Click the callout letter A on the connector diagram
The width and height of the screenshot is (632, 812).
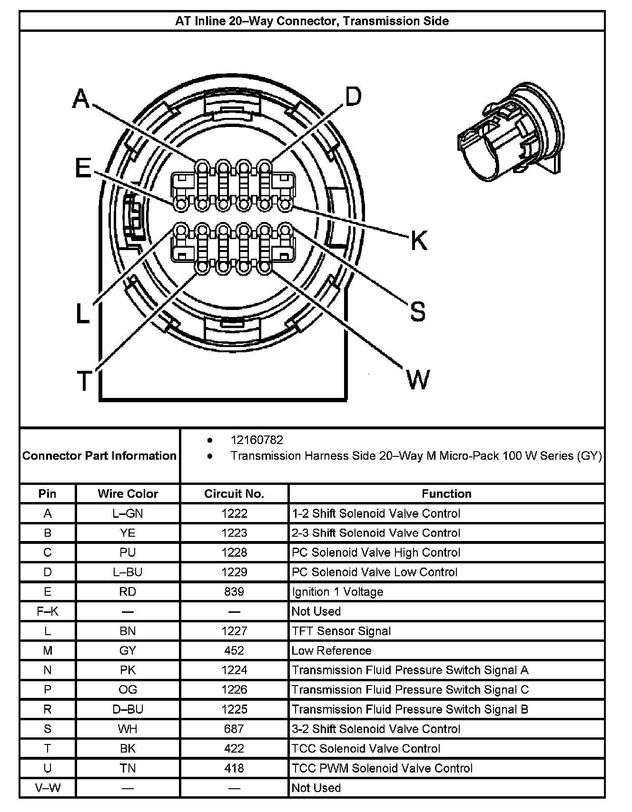pyautogui.click(x=81, y=99)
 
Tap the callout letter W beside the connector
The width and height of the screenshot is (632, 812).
pyautogui.click(x=418, y=379)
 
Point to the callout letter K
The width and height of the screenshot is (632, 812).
pyautogui.click(x=419, y=240)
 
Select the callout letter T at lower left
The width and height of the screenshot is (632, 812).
pyautogui.click(x=84, y=380)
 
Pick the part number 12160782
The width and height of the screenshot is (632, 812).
pyautogui.click(x=257, y=440)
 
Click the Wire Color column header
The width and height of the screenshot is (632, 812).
pyautogui.click(x=128, y=493)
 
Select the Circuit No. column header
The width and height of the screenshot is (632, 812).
pyautogui.click(x=234, y=493)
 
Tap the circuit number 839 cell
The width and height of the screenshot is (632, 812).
pyautogui.click(x=234, y=591)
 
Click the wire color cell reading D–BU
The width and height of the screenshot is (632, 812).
pyautogui.click(x=128, y=709)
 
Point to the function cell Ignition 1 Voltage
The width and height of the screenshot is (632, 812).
pyautogui.click(x=337, y=591)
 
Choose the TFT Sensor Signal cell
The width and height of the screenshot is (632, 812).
pyautogui.click(x=341, y=631)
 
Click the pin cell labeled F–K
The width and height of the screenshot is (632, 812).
pyautogui.click(x=48, y=611)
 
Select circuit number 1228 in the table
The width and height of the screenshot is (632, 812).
pyautogui.click(x=234, y=552)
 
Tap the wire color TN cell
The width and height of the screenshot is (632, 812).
pyautogui.click(x=128, y=768)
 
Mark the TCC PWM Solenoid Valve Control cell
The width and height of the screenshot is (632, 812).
pyautogui.click(x=382, y=768)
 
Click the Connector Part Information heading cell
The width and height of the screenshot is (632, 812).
pyautogui.click(x=99, y=456)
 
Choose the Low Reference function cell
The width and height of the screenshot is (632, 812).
pyautogui.click(x=331, y=650)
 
